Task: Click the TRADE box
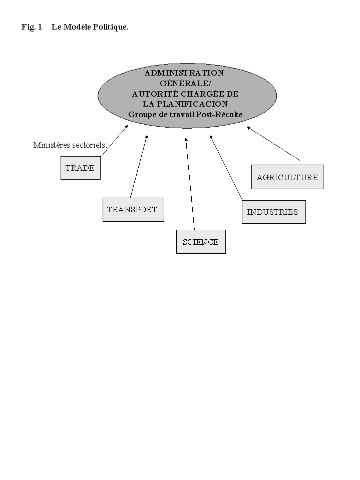tap(80, 168)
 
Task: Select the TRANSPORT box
tap(133, 210)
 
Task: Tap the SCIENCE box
tap(200, 242)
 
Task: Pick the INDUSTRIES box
tap(273, 212)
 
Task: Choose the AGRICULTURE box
tap(287, 177)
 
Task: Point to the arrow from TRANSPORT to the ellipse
tap(139, 166)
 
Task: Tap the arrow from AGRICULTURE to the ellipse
tap(273, 143)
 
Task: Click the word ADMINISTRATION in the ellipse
tap(184, 73)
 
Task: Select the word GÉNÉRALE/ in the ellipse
tap(186, 83)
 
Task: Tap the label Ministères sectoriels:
tap(70, 145)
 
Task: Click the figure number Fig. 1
tap(32, 27)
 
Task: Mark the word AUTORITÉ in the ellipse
tap(155, 94)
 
